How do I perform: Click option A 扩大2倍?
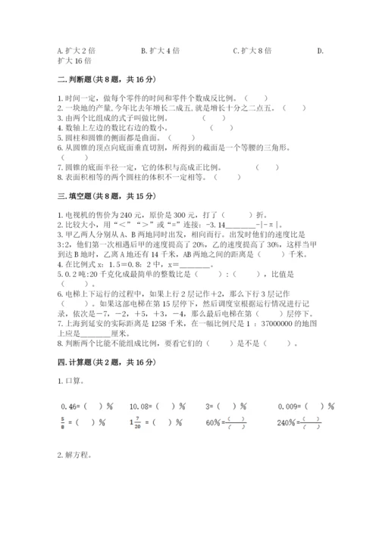[x=76, y=51]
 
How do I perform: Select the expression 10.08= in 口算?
[x=142, y=406]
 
